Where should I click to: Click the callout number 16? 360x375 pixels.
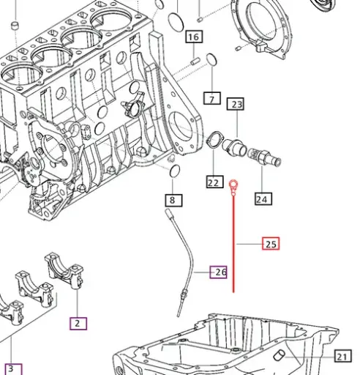click(x=194, y=37)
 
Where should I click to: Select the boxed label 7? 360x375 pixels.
click(x=212, y=98)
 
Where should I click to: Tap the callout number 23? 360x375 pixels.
click(x=236, y=105)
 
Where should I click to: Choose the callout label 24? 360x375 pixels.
click(x=262, y=198)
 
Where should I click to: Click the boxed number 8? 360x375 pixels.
click(x=172, y=199)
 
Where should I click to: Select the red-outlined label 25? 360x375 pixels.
click(x=271, y=244)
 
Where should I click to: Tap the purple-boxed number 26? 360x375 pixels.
click(x=220, y=272)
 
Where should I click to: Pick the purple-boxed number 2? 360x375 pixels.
click(x=78, y=322)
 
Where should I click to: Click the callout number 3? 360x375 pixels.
click(x=10, y=368)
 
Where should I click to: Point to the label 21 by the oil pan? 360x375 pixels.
click(x=342, y=357)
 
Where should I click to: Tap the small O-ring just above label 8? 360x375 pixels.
click(x=174, y=171)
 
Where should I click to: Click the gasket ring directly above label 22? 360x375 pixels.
click(x=214, y=141)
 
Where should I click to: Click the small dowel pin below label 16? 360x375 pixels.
click(x=196, y=62)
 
